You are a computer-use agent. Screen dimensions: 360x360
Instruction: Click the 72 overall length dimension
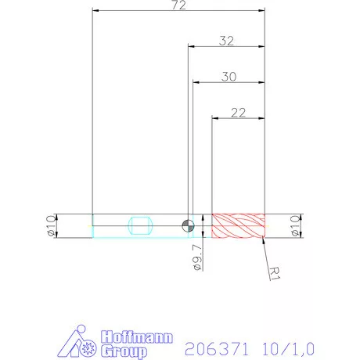click(178, 5)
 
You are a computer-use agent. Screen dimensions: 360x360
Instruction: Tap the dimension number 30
click(229, 77)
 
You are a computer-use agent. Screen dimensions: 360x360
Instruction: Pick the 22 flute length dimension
click(239, 113)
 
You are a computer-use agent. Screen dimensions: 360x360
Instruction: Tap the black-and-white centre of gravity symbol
click(188, 226)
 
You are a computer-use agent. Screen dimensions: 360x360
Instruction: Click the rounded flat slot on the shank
click(140, 225)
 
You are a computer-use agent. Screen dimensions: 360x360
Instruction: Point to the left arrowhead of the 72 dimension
click(95, 11)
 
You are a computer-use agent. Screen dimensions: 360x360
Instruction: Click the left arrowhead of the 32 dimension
click(190, 47)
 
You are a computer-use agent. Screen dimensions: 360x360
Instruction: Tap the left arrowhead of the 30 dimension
click(196, 82)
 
